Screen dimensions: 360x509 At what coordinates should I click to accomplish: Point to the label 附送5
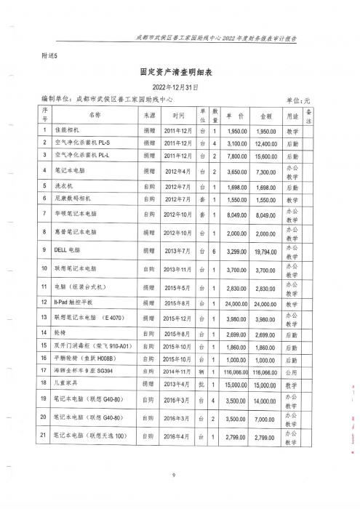(x=50, y=55)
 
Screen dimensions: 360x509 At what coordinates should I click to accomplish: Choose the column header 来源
(x=150, y=115)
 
